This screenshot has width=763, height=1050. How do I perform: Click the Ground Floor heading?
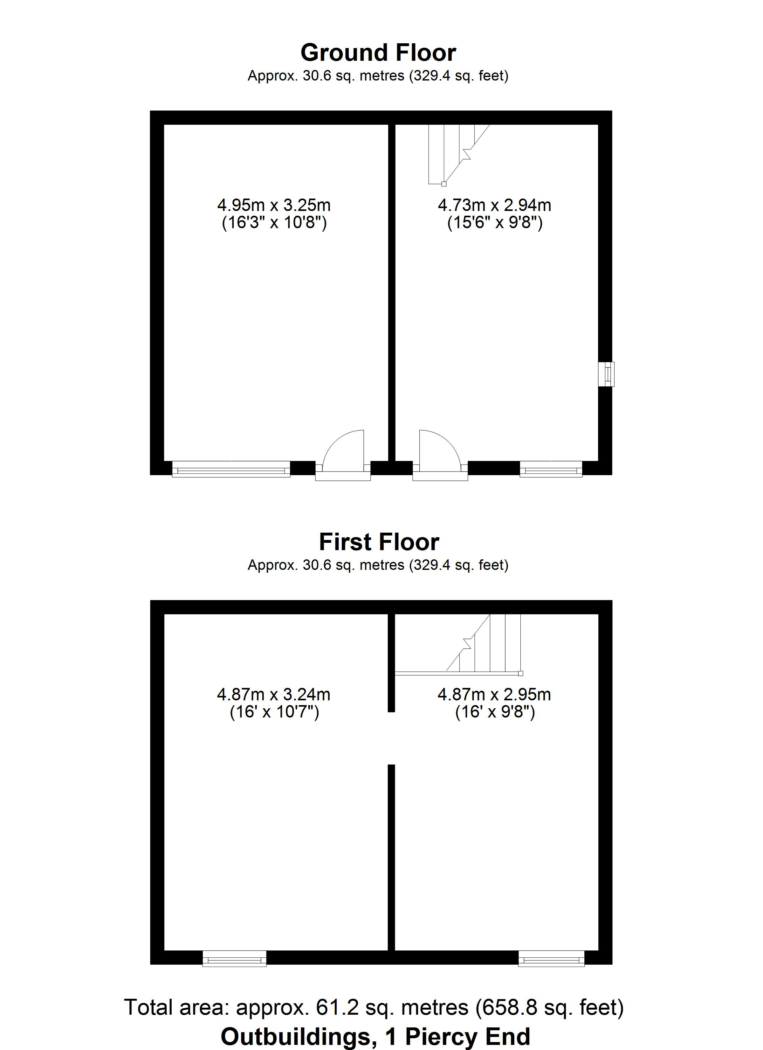[379, 53]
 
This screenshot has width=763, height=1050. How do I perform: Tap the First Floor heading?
[379, 542]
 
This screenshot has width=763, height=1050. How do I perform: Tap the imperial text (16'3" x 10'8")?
[274, 223]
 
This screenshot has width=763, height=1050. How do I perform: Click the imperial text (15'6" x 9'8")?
[495, 223]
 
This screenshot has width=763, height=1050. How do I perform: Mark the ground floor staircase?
[458, 154]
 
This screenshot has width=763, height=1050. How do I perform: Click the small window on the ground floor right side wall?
[606, 374]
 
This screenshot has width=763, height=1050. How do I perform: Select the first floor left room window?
[235, 958]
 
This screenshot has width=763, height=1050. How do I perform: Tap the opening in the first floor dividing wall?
[391, 738]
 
